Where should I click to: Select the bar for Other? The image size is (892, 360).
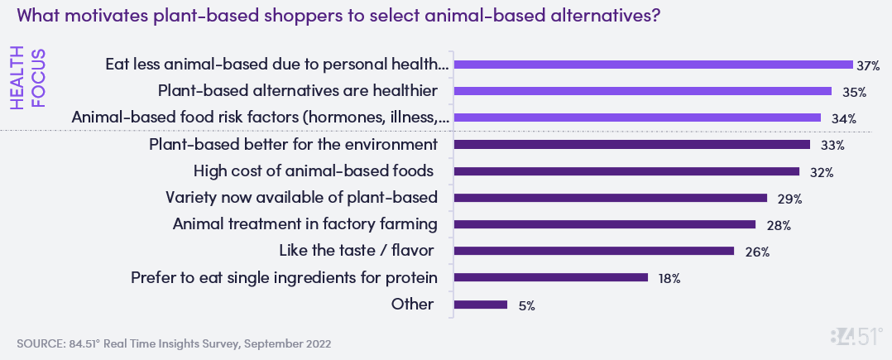(481, 305)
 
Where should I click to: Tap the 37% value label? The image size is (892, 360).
(868, 65)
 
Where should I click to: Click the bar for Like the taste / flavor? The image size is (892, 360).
(594, 251)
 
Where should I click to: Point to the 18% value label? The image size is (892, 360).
(669, 279)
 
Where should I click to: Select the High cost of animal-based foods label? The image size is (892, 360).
(314, 171)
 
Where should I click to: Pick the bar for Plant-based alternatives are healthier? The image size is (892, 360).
(643, 91)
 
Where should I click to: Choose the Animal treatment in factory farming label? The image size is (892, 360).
(305, 224)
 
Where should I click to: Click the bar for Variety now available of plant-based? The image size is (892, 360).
(611, 198)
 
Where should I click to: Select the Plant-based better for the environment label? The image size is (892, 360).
(293, 145)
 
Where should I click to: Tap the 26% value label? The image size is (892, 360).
(756, 252)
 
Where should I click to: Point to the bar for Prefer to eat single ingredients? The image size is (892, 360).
(551, 278)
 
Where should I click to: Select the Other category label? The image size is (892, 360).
(412, 304)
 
